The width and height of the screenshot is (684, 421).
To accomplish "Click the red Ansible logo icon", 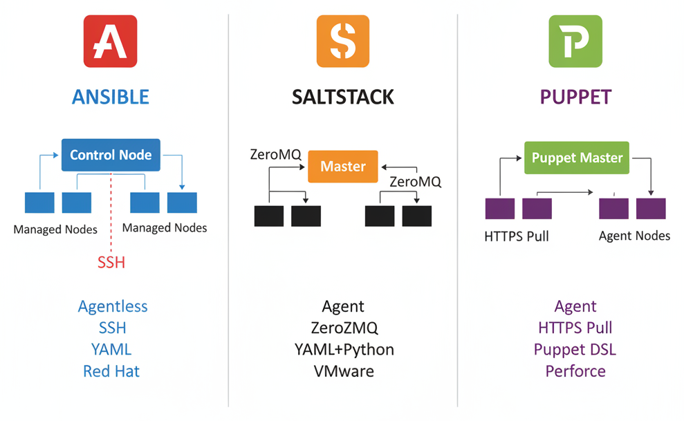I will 110,41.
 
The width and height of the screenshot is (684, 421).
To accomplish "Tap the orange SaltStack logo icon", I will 342,41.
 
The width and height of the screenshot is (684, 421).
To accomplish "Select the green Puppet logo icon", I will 575,41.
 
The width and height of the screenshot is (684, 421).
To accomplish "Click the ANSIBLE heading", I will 110,96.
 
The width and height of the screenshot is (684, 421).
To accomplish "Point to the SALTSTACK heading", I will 342,96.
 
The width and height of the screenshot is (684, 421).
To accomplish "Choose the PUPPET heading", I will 575,96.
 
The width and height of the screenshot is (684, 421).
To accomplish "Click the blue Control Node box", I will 111,155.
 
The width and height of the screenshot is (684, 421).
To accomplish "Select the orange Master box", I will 343,167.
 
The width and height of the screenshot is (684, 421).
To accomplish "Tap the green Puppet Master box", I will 577,158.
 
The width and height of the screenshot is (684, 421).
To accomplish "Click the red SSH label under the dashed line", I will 111,262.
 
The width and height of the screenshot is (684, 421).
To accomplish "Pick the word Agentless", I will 113,306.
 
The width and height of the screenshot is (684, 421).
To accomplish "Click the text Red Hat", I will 111,371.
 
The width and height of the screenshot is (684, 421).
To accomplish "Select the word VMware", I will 343,371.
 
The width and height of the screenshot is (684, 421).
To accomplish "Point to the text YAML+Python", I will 343,350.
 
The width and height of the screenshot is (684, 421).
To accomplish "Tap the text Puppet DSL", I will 575,350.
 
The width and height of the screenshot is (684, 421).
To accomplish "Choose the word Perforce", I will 575,371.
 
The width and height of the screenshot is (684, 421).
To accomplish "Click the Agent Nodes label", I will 634,236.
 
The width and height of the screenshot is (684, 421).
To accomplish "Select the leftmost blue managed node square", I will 39,203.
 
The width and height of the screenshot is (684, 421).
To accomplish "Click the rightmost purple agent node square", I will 651,209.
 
